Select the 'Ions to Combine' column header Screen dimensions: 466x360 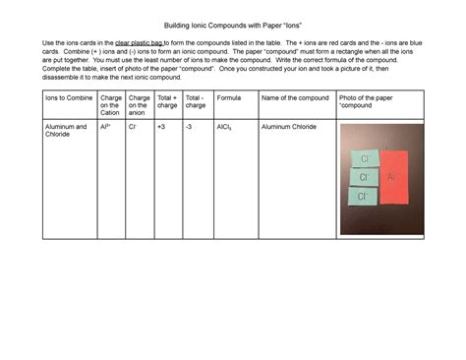click(x=67, y=98)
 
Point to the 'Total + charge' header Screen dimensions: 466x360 click(x=167, y=102)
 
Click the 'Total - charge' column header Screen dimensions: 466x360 click(x=196, y=102)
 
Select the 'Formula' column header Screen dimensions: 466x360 click(x=229, y=98)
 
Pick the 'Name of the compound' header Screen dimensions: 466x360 click(x=295, y=98)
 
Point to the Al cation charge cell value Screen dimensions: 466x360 click(x=105, y=127)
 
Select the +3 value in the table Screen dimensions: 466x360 click(x=161, y=127)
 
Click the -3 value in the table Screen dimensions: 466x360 click(x=190, y=127)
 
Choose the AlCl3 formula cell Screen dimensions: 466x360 click(x=225, y=127)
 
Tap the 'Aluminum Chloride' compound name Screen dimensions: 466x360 click(x=289, y=127)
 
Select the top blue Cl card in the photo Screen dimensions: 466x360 click(x=364, y=158)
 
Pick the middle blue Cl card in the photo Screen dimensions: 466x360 click(x=364, y=177)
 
